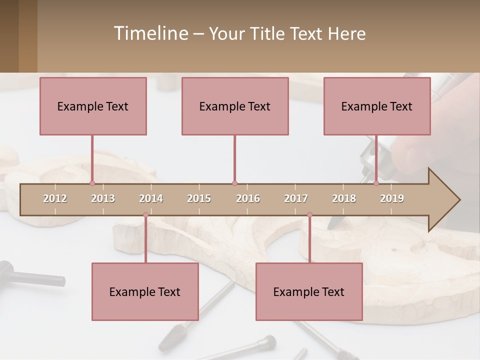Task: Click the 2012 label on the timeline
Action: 55,198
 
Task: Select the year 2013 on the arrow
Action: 103,198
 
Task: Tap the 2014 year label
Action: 151,198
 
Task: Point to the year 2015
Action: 199,198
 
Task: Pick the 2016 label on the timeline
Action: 248,198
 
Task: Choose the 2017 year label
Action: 296,198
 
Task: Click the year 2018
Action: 344,198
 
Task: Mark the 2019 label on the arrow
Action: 392,198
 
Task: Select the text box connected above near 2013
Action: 93,106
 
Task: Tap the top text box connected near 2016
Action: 235,106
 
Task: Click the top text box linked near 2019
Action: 377,106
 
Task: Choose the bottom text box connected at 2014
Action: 145,291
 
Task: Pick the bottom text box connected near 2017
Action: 309,291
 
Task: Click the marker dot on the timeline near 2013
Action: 92,183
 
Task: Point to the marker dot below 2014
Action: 145,215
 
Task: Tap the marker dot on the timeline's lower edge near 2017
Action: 309,215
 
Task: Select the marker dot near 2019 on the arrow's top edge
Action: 376,183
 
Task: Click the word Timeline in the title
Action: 150,33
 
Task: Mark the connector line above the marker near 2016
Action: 234,159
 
